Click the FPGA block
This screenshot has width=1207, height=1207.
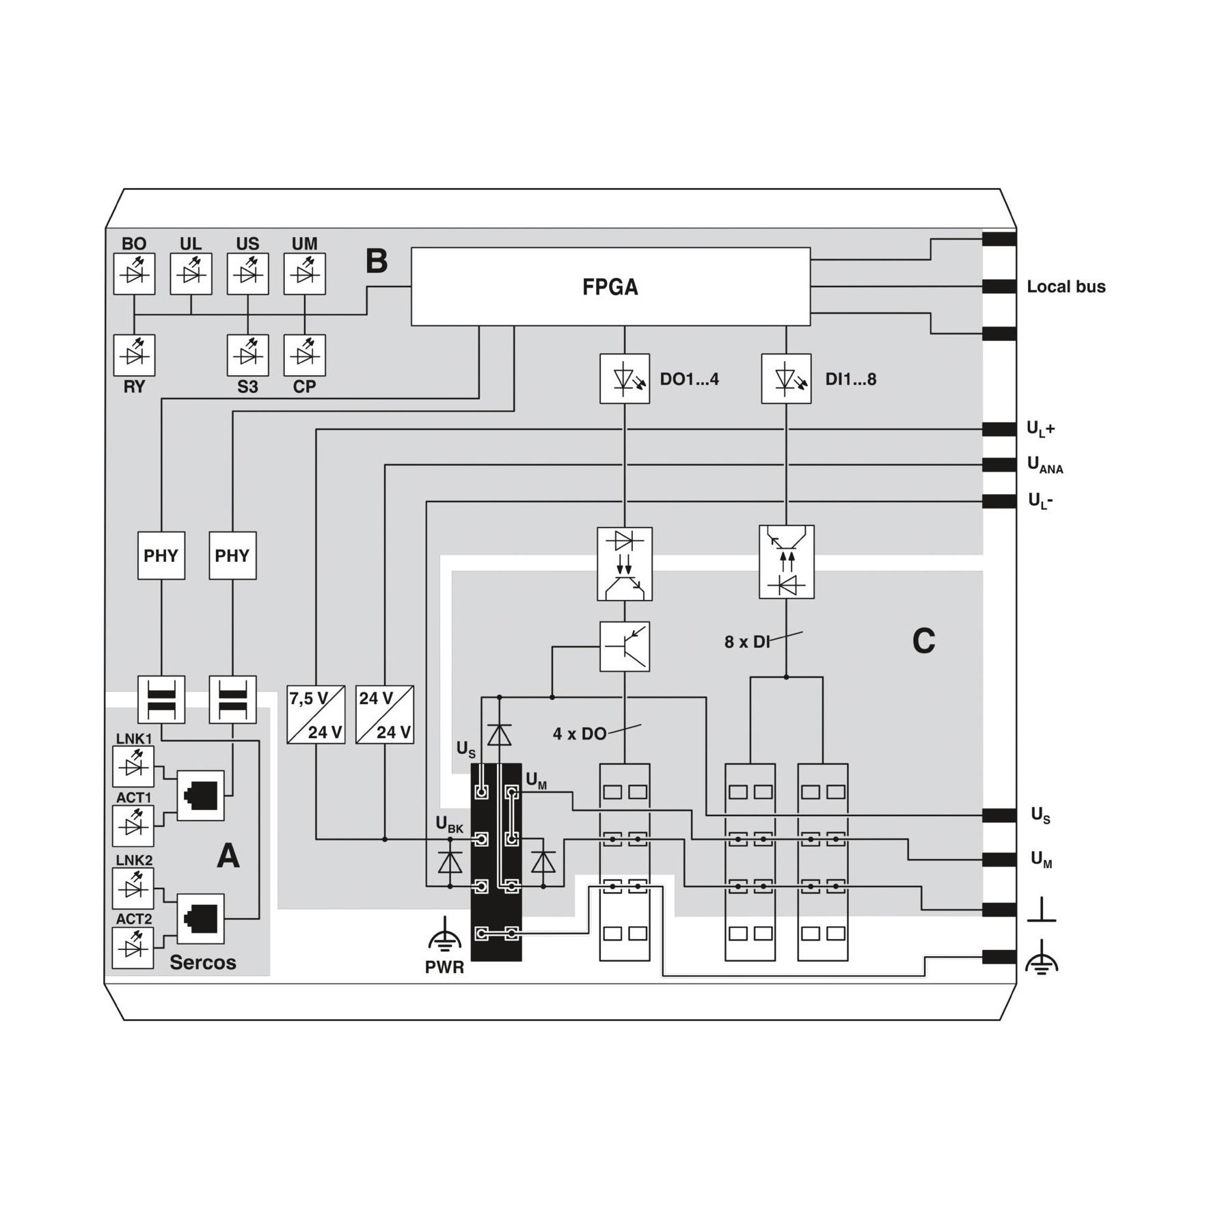pos(610,286)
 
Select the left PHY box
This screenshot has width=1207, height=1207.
pos(161,556)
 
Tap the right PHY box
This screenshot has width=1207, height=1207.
pos(232,556)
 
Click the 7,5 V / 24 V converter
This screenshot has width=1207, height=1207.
pos(316,714)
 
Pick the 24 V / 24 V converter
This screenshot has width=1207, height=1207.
pos(385,714)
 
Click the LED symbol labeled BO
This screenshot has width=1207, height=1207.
pos(134,274)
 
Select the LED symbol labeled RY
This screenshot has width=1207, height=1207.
pos(134,355)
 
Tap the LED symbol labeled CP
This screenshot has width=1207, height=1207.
pos(305,355)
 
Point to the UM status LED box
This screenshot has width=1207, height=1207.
pos(305,274)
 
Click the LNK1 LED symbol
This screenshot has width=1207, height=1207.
pos(133,767)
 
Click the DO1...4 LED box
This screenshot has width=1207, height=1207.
pos(625,379)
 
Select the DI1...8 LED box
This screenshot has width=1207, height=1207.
pos(786,379)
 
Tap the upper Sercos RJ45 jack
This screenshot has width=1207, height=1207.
pos(201,796)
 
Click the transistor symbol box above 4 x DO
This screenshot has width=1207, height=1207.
pos(625,647)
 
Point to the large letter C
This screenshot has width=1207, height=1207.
pos(923,641)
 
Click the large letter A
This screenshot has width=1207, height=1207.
pos(228,856)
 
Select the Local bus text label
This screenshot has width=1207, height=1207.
pos(1066,286)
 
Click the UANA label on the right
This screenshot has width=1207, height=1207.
pos(1046,465)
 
